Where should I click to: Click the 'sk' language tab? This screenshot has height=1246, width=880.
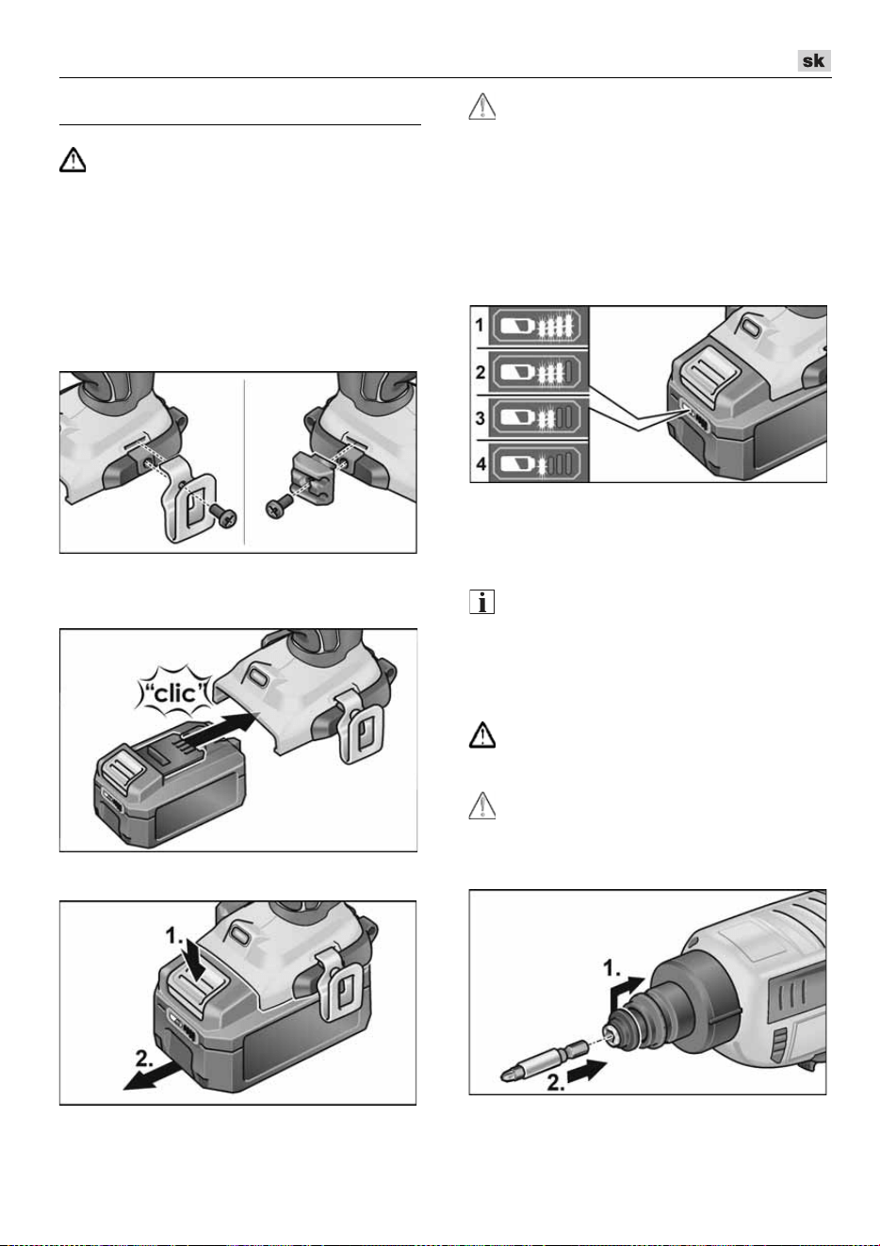pyautogui.click(x=813, y=60)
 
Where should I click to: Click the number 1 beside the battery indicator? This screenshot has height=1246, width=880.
pyautogui.click(x=480, y=324)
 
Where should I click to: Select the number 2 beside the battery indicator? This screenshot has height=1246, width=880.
pyautogui.click(x=480, y=372)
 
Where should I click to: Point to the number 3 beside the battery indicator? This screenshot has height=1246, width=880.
pyautogui.click(x=480, y=417)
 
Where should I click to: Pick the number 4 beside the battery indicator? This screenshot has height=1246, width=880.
pyautogui.click(x=480, y=462)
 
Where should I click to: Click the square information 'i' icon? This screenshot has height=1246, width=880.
pyautogui.click(x=482, y=601)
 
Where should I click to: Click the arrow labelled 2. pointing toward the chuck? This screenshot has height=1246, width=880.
pyautogui.click(x=588, y=1069)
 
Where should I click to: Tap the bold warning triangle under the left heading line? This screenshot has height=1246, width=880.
pyautogui.click(x=73, y=160)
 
